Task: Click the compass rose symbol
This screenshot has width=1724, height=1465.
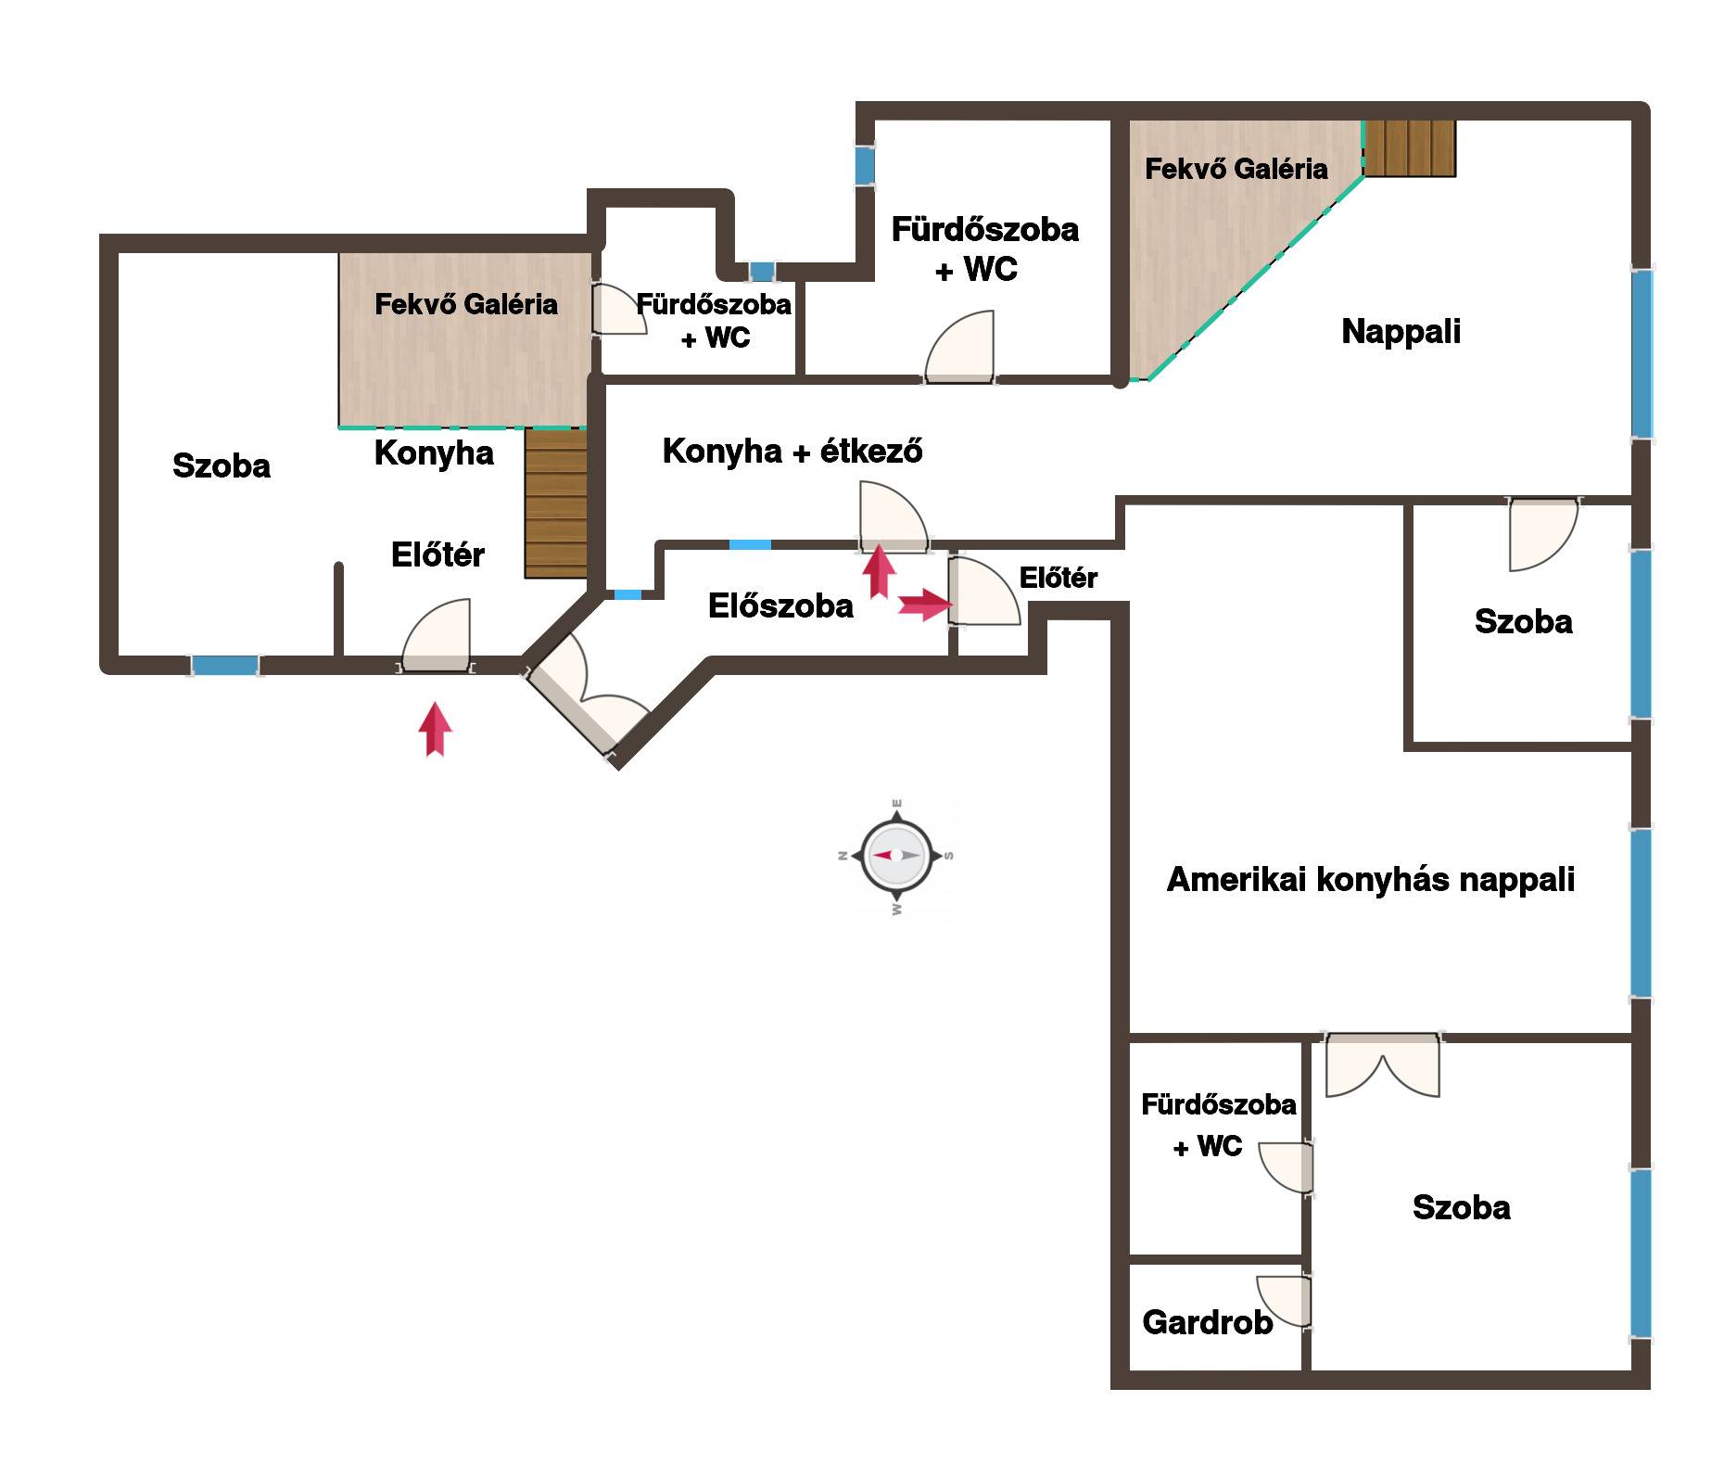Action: point(896,855)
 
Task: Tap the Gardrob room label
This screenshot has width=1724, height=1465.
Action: point(1207,1322)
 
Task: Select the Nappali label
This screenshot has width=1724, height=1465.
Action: point(1401,331)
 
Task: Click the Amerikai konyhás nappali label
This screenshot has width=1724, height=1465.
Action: point(1371,879)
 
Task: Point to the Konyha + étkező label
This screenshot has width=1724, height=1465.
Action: point(792,451)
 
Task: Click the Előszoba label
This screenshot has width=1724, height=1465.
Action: point(780,605)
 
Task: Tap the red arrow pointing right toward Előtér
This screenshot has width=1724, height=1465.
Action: point(925,605)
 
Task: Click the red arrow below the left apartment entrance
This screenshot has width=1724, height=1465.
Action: point(435,729)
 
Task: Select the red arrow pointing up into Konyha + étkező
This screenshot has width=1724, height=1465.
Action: point(879,572)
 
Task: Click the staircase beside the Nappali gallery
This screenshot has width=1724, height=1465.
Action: point(1409,148)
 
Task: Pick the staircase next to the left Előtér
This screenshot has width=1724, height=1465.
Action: point(556,503)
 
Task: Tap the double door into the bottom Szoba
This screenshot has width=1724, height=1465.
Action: point(1383,1064)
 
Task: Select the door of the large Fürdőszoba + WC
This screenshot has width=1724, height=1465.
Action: point(960,346)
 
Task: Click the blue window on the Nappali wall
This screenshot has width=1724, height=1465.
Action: point(1642,353)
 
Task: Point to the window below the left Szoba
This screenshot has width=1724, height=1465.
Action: point(225,665)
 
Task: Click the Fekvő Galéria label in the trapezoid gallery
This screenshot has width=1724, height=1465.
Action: point(1236,169)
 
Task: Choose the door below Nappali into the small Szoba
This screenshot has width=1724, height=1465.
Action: point(1543,535)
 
